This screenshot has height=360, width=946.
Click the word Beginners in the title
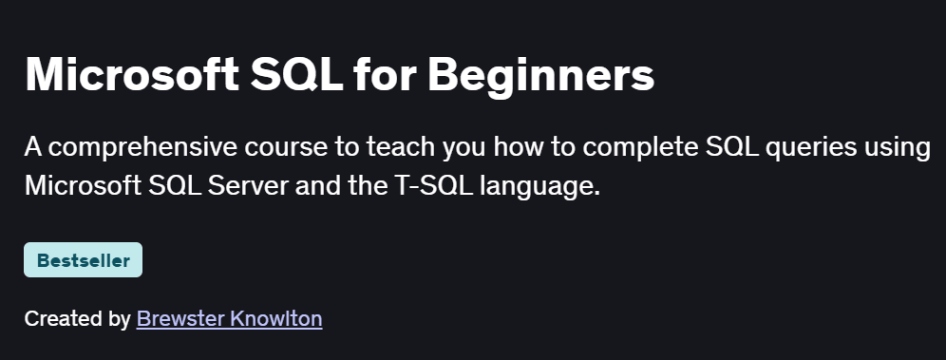(x=541, y=76)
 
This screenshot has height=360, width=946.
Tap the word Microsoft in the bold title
(x=128, y=76)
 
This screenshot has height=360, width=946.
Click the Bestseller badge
(x=83, y=260)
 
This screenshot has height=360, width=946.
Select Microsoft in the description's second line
(x=82, y=185)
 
